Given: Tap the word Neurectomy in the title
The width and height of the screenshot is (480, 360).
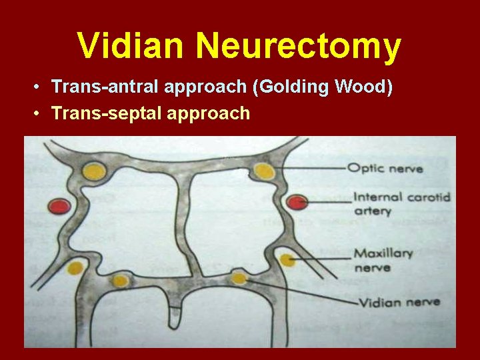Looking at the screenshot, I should [299, 47].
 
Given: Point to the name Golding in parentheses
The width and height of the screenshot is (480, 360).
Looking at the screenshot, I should [299, 87].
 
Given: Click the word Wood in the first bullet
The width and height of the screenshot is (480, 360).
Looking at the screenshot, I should [366, 87].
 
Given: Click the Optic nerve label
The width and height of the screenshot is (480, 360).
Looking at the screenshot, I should [387, 168].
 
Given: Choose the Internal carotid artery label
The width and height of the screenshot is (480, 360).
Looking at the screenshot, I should [401, 204].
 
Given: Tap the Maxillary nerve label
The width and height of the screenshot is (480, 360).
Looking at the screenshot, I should [383, 260].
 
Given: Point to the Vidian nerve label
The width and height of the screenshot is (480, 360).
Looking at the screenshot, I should [399, 302].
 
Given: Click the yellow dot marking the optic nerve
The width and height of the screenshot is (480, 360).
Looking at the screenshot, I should [265, 172].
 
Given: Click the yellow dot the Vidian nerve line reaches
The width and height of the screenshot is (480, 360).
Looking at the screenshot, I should [238, 277].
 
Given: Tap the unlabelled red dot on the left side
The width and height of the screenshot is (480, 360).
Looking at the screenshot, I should [60, 207].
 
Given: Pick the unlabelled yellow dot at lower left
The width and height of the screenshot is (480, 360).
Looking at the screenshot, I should [120, 280].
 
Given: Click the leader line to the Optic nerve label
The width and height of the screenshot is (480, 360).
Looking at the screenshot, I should [310, 168].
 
